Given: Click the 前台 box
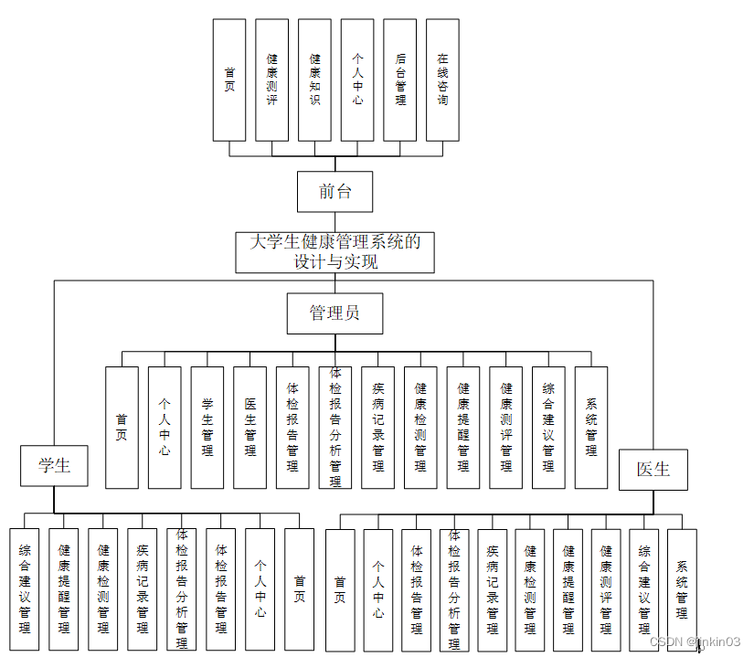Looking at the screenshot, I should pos(335,192).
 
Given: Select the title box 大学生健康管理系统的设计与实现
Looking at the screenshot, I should pos(335,252).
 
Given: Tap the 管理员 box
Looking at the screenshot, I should pos(335,313).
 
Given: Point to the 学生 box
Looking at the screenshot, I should pos(54,466).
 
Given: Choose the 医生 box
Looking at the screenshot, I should pos(653,470).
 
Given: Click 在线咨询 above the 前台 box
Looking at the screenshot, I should pos(442,80).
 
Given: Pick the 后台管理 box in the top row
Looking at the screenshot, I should pos(400,80).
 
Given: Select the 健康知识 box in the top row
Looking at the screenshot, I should pos(314,80).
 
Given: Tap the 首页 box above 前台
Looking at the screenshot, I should pos(229,80).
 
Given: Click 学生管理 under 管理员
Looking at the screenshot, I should pos(207,427).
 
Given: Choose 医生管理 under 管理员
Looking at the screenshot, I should pos(250,427).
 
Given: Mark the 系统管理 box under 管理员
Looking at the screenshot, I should pos(591,427).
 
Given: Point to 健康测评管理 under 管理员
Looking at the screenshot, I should pos(505,427).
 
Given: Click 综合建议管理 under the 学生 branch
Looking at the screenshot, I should pos(25,589).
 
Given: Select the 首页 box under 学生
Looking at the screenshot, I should pos(299,589).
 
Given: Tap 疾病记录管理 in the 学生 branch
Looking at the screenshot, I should pos(143,589).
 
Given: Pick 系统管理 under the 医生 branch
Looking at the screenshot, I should pos(682,589).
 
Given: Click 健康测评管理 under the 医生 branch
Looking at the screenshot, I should pos(606,589).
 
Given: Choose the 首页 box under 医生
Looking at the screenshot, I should pos(340,589).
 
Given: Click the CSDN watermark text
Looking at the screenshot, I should pos(694,641).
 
